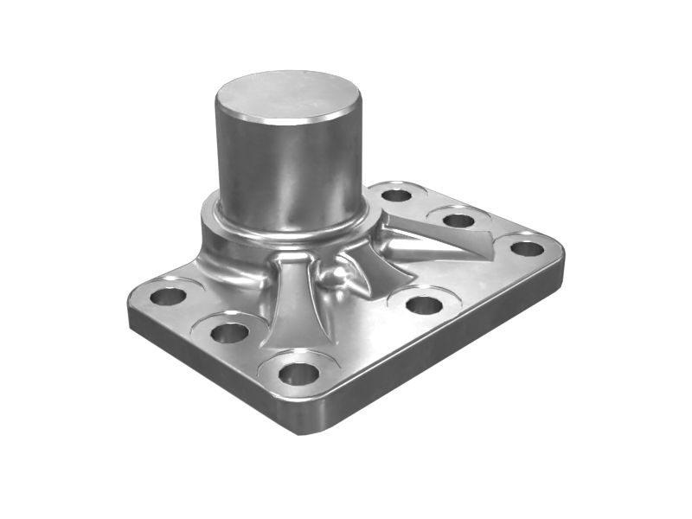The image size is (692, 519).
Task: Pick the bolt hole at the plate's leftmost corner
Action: pos(167,297)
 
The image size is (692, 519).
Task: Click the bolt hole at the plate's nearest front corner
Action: pos(299,374)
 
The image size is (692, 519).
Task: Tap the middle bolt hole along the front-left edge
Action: pos(229,332)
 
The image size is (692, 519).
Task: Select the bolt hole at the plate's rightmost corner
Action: pos(527,249)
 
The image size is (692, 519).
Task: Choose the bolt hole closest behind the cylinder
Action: pos(396,195)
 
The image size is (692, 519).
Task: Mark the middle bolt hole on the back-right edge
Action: pos(458,220)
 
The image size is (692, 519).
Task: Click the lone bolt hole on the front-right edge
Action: pos(424,304)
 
